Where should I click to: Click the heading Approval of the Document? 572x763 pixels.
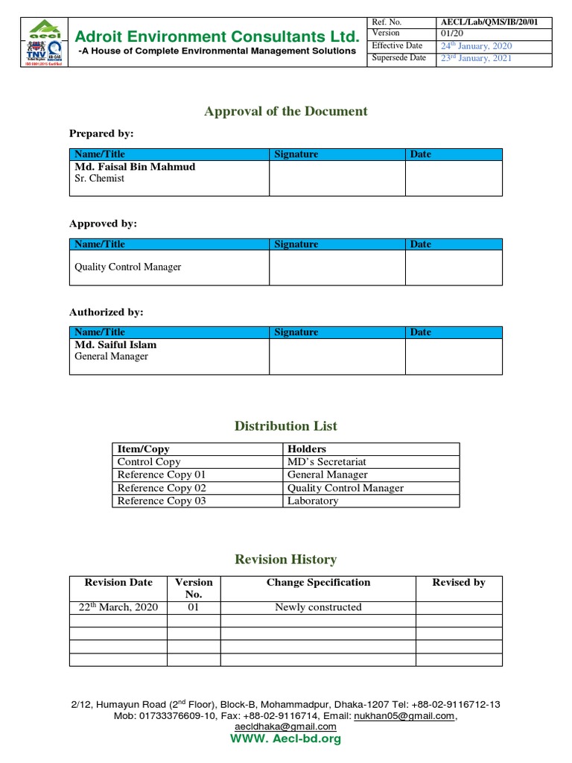click(x=286, y=111)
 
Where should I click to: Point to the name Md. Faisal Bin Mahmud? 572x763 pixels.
click(x=135, y=167)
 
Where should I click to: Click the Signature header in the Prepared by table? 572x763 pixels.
click(x=296, y=154)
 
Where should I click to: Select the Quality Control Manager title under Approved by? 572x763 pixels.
click(x=128, y=267)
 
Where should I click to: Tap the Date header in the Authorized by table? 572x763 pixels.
click(x=420, y=332)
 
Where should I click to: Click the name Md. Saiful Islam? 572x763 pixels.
click(x=115, y=345)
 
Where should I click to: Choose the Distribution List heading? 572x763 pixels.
click(x=286, y=426)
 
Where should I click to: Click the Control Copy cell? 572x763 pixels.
click(x=149, y=462)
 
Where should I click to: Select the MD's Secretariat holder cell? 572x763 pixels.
click(x=327, y=462)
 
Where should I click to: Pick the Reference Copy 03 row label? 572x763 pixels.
click(x=162, y=501)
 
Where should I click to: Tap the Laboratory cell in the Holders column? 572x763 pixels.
click(x=313, y=501)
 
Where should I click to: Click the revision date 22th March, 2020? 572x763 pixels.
click(x=118, y=607)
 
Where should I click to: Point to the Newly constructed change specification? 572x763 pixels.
click(x=318, y=607)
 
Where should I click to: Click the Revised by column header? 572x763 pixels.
click(x=459, y=583)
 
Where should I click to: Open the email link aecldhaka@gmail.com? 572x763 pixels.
click(x=285, y=726)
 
